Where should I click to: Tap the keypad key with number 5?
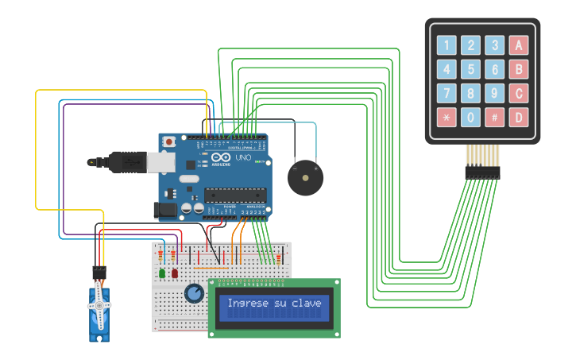[x=471, y=70]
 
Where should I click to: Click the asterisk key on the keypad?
[x=446, y=118]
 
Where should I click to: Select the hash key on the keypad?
[x=495, y=118]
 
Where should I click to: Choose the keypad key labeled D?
[x=519, y=118]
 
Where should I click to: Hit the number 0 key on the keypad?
[x=471, y=118]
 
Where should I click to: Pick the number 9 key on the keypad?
[x=495, y=94]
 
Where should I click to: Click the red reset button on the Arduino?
[x=168, y=142]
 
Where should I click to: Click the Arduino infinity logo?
[x=218, y=158]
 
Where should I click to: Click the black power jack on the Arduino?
[x=164, y=210]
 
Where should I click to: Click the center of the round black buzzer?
[x=305, y=177]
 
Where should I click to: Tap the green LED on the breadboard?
[x=162, y=273]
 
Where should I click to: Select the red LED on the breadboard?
[x=175, y=273]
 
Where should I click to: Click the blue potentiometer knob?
[x=194, y=294]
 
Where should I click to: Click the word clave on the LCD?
[x=307, y=303]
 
